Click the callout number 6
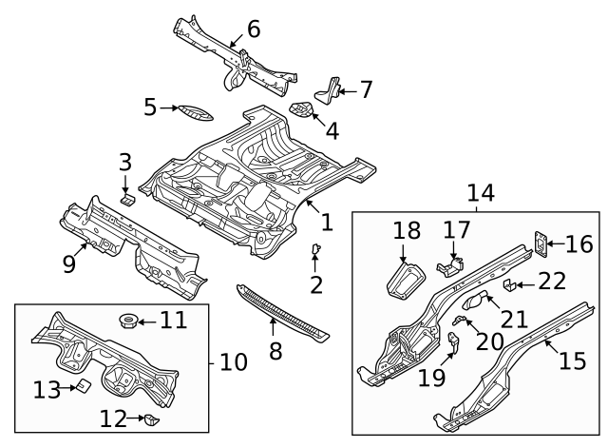point(253,29)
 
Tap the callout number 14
point(481,194)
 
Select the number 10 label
point(233,362)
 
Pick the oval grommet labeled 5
point(196,110)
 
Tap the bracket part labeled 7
point(330,89)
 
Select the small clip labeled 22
point(508,283)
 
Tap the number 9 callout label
point(69,263)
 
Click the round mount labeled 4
point(302,110)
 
